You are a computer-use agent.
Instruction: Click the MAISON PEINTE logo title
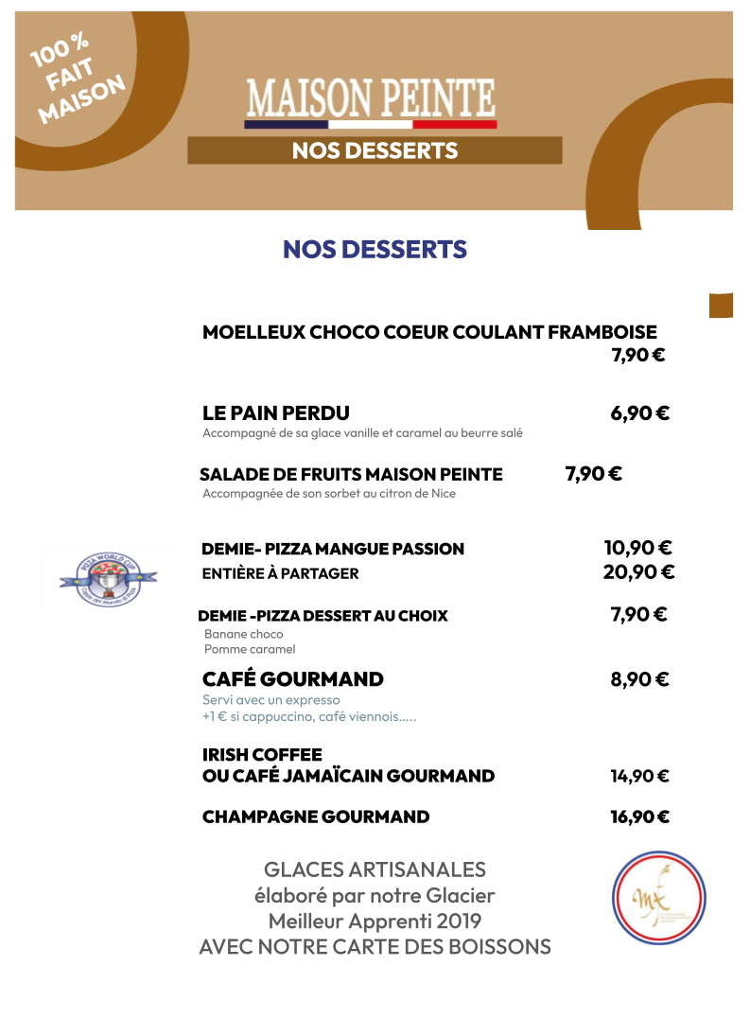(x=371, y=97)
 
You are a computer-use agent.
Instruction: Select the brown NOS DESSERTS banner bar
(x=375, y=150)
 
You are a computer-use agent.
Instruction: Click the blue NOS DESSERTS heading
(x=375, y=250)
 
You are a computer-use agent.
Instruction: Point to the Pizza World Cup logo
(x=105, y=576)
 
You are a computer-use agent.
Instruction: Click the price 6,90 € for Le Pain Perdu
(x=639, y=413)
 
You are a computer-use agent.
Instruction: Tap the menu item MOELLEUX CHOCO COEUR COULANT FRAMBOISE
(x=429, y=332)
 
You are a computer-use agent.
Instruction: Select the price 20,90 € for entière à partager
(x=638, y=572)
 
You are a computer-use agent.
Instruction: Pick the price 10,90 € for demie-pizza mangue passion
(x=637, y=548)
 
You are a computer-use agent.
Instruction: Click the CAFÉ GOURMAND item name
(x=293, y=679)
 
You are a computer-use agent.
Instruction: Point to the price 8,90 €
(x=639, y=679)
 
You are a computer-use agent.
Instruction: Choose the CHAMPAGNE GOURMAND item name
(x=316, y=817)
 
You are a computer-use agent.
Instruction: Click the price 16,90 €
(x=639, y=817)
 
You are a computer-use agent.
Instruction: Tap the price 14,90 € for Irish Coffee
(x=639, y=777)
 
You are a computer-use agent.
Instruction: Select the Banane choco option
(x=244, y=634)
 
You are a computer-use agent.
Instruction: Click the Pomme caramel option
(x=250, y=649)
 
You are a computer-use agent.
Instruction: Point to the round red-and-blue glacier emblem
(x=658, y=898)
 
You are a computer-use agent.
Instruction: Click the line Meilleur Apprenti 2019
(x=375, y=921)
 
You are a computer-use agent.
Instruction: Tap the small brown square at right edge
(x=721, y=305)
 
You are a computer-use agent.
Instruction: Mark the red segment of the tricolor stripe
(x=455, y=124)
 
